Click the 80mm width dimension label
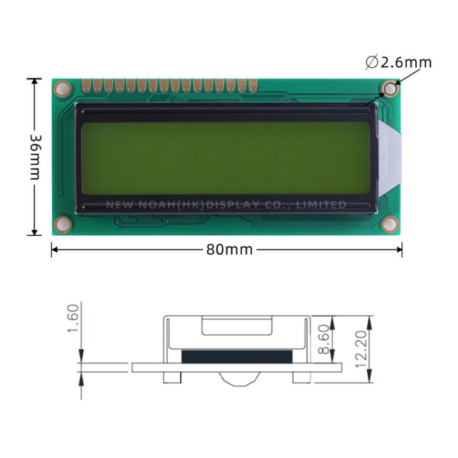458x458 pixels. pyautogui.click(x=229, y=250)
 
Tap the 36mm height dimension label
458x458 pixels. pyautogui.click(x=36, y=157)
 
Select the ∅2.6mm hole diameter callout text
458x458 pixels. pyautogui.click(x=398, y=63)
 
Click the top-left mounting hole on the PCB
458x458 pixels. pyautogui.click(x=63, y=89)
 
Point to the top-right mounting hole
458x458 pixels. pyautogui.click(x=390, y=89)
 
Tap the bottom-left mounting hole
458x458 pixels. pyautogui.click(x=63, y=224)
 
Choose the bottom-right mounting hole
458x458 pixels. pyautogui.click(x=390, y=224)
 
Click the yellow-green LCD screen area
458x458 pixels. pyautogui.click(x=225, y=158)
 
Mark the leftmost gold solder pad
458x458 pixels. pyautogui.click(x=86, y=85)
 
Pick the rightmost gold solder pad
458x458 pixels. pyautogui.click(x=253, y=85)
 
